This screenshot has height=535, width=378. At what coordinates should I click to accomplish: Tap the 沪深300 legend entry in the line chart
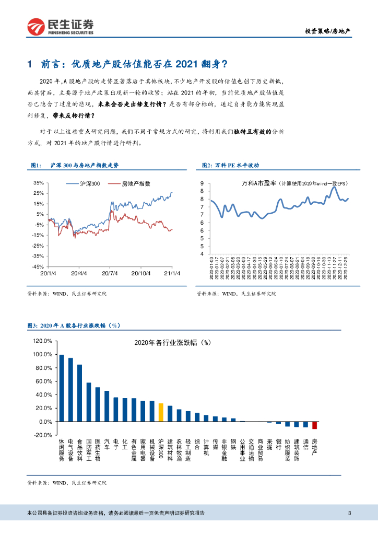[x=89, y=183]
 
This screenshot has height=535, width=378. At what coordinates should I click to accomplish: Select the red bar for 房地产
[x=314, y=425]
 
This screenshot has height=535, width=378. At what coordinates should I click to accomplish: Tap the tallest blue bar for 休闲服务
[x=62, y=388]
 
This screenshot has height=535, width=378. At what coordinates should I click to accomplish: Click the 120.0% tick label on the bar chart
[x=43, y=341]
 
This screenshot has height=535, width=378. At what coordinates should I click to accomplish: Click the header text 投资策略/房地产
[x=327, y=31]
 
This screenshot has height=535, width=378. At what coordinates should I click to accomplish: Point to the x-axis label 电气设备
[x=70, y=449]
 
